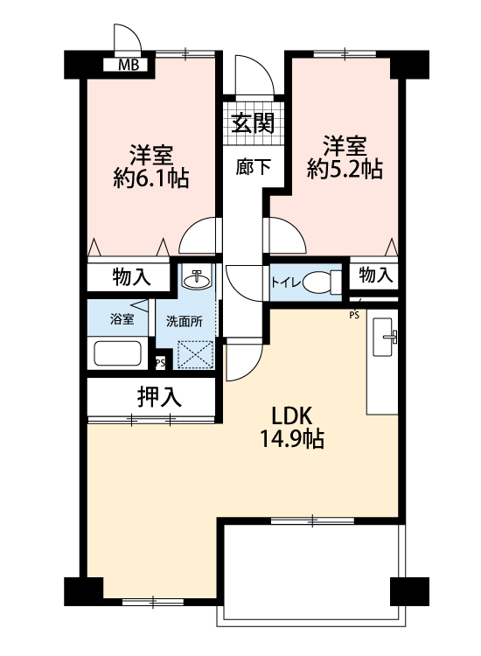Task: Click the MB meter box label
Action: click(x=128, y=65)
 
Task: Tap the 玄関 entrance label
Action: click(x=253, y=123)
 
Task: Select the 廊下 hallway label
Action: click(x=253, y=167)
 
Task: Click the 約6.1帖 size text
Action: click(x=151, y=178)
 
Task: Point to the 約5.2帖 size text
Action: click(x=345, y=169)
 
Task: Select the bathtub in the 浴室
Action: click(x=117, y=353)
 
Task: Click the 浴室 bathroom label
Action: click(x=122, y=319)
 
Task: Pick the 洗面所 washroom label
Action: click(x=185, y=321)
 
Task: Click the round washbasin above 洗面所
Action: click(x=197, y=280)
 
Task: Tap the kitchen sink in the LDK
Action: click(x=383, y=337)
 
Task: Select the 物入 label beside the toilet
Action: click(x=376, y=275)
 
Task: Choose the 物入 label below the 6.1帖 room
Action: click(x=131, y=277)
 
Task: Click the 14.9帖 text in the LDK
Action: click(x=292, y=439)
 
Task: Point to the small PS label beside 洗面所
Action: click(x=160, y=363)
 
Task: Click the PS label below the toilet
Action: click(x=354, y=316)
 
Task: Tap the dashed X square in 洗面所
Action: click(x=195, y=355)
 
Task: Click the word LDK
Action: click(x=292, y=415)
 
